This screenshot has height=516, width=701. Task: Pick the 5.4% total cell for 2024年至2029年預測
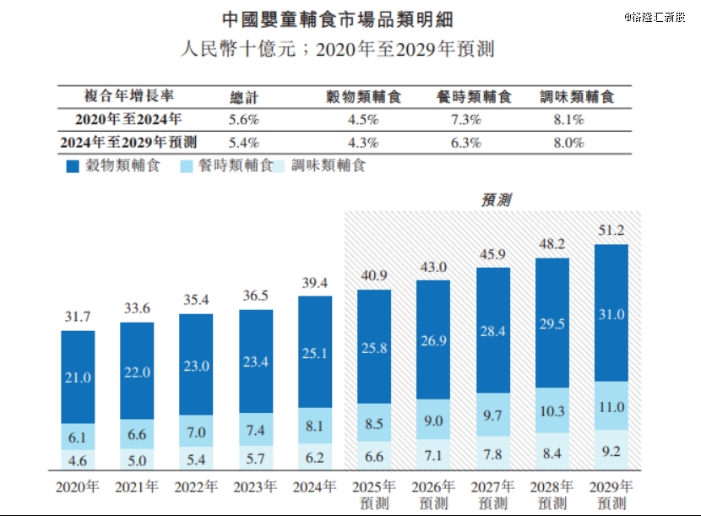[244, 143]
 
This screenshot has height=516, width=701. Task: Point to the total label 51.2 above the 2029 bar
[611, 230]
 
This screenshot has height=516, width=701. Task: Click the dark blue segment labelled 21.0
[78, 377]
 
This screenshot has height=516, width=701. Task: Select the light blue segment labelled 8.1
[315, 426]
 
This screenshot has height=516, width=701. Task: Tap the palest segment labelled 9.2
[611, 451]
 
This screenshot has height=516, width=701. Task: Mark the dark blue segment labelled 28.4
[492, 331]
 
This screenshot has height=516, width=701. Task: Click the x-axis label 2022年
[196, 487]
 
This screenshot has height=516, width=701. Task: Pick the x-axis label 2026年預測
[433, 494]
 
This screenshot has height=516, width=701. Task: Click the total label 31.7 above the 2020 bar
[78, 317]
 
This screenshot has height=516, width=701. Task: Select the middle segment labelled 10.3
[552, 409]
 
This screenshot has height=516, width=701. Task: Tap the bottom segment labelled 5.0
[137, 461]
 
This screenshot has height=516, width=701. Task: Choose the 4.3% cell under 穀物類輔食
[363, 143]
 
